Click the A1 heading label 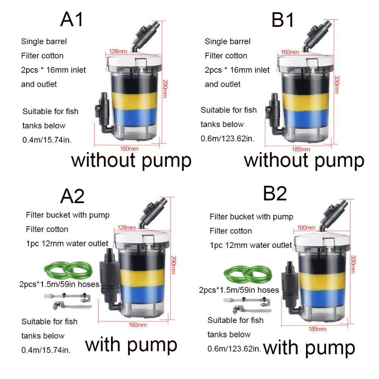tap(72, 19)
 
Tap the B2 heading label tap(275, 193)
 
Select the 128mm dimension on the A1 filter tap(118, 51)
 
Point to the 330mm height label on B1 tap(337, 85)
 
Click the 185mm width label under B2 tap(317, 329)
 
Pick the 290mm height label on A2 tap(174, 265)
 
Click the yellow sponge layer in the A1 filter tap(134, 100)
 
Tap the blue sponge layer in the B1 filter tap(306, 118)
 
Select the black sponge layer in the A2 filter tap(143, 261)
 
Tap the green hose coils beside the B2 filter tap(248, 274)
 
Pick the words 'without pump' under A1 tap(131, 161)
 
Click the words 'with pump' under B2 tap(309, 348)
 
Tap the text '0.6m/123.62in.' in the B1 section tap(227, 138)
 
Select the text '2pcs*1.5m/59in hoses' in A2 tap(59, 284)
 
